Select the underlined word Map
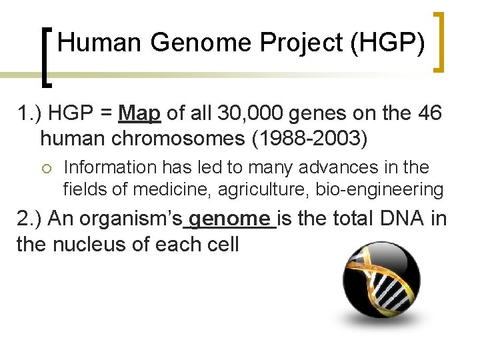point(139,113)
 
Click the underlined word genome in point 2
point(231,219)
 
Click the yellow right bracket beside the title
point(440,41)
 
